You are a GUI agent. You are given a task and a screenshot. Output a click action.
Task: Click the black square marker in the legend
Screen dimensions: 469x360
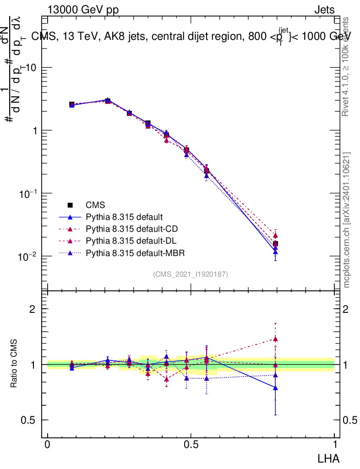(70, 205)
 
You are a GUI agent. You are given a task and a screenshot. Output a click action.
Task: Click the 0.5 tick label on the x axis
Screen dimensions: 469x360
(191, 445)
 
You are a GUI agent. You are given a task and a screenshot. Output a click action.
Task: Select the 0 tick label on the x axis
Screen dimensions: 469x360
(48, 445)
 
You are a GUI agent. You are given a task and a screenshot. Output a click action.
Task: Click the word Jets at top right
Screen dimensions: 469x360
(324, 10)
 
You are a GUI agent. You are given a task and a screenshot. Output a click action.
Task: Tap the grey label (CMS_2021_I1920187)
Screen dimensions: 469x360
(191, 274)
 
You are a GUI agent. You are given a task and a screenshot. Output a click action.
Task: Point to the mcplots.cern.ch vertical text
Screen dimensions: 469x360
(346, 220)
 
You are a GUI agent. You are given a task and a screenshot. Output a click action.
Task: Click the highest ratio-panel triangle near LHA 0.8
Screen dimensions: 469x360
(275, 339)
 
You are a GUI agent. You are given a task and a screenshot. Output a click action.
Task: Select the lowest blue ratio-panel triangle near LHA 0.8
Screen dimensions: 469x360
(275, 387)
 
